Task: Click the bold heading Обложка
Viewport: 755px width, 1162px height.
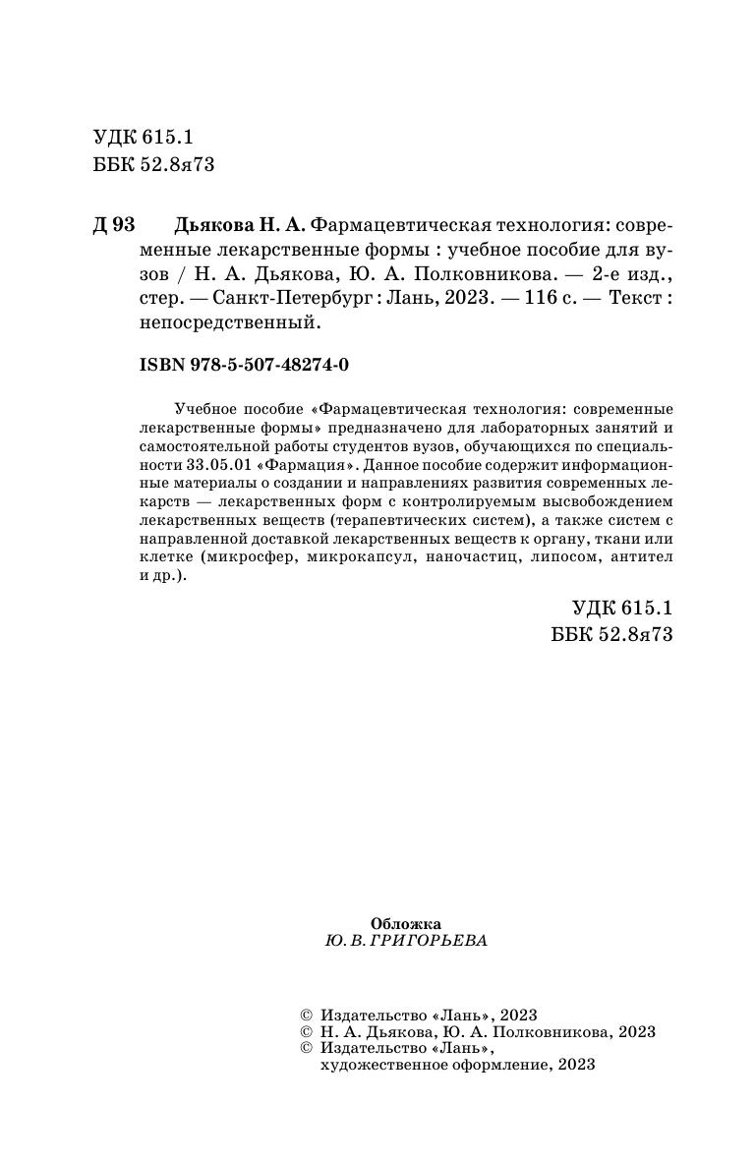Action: point(406,923)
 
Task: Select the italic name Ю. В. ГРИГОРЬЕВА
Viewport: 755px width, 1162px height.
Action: point(405,941)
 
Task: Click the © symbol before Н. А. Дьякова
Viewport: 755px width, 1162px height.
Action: point(304,1032)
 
